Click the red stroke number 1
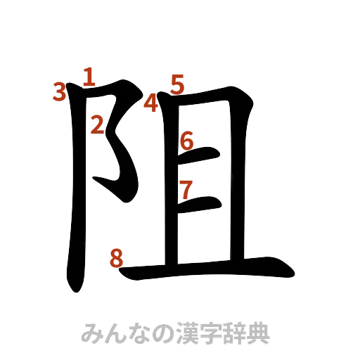click(89, 76)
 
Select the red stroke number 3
click(60, 90)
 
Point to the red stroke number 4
click(150, 104)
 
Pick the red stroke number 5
click(176, 84)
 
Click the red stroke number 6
click(186, 141)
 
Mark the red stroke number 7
click(186, 189)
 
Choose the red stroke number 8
click(117, 258)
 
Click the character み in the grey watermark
click(92, 331)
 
